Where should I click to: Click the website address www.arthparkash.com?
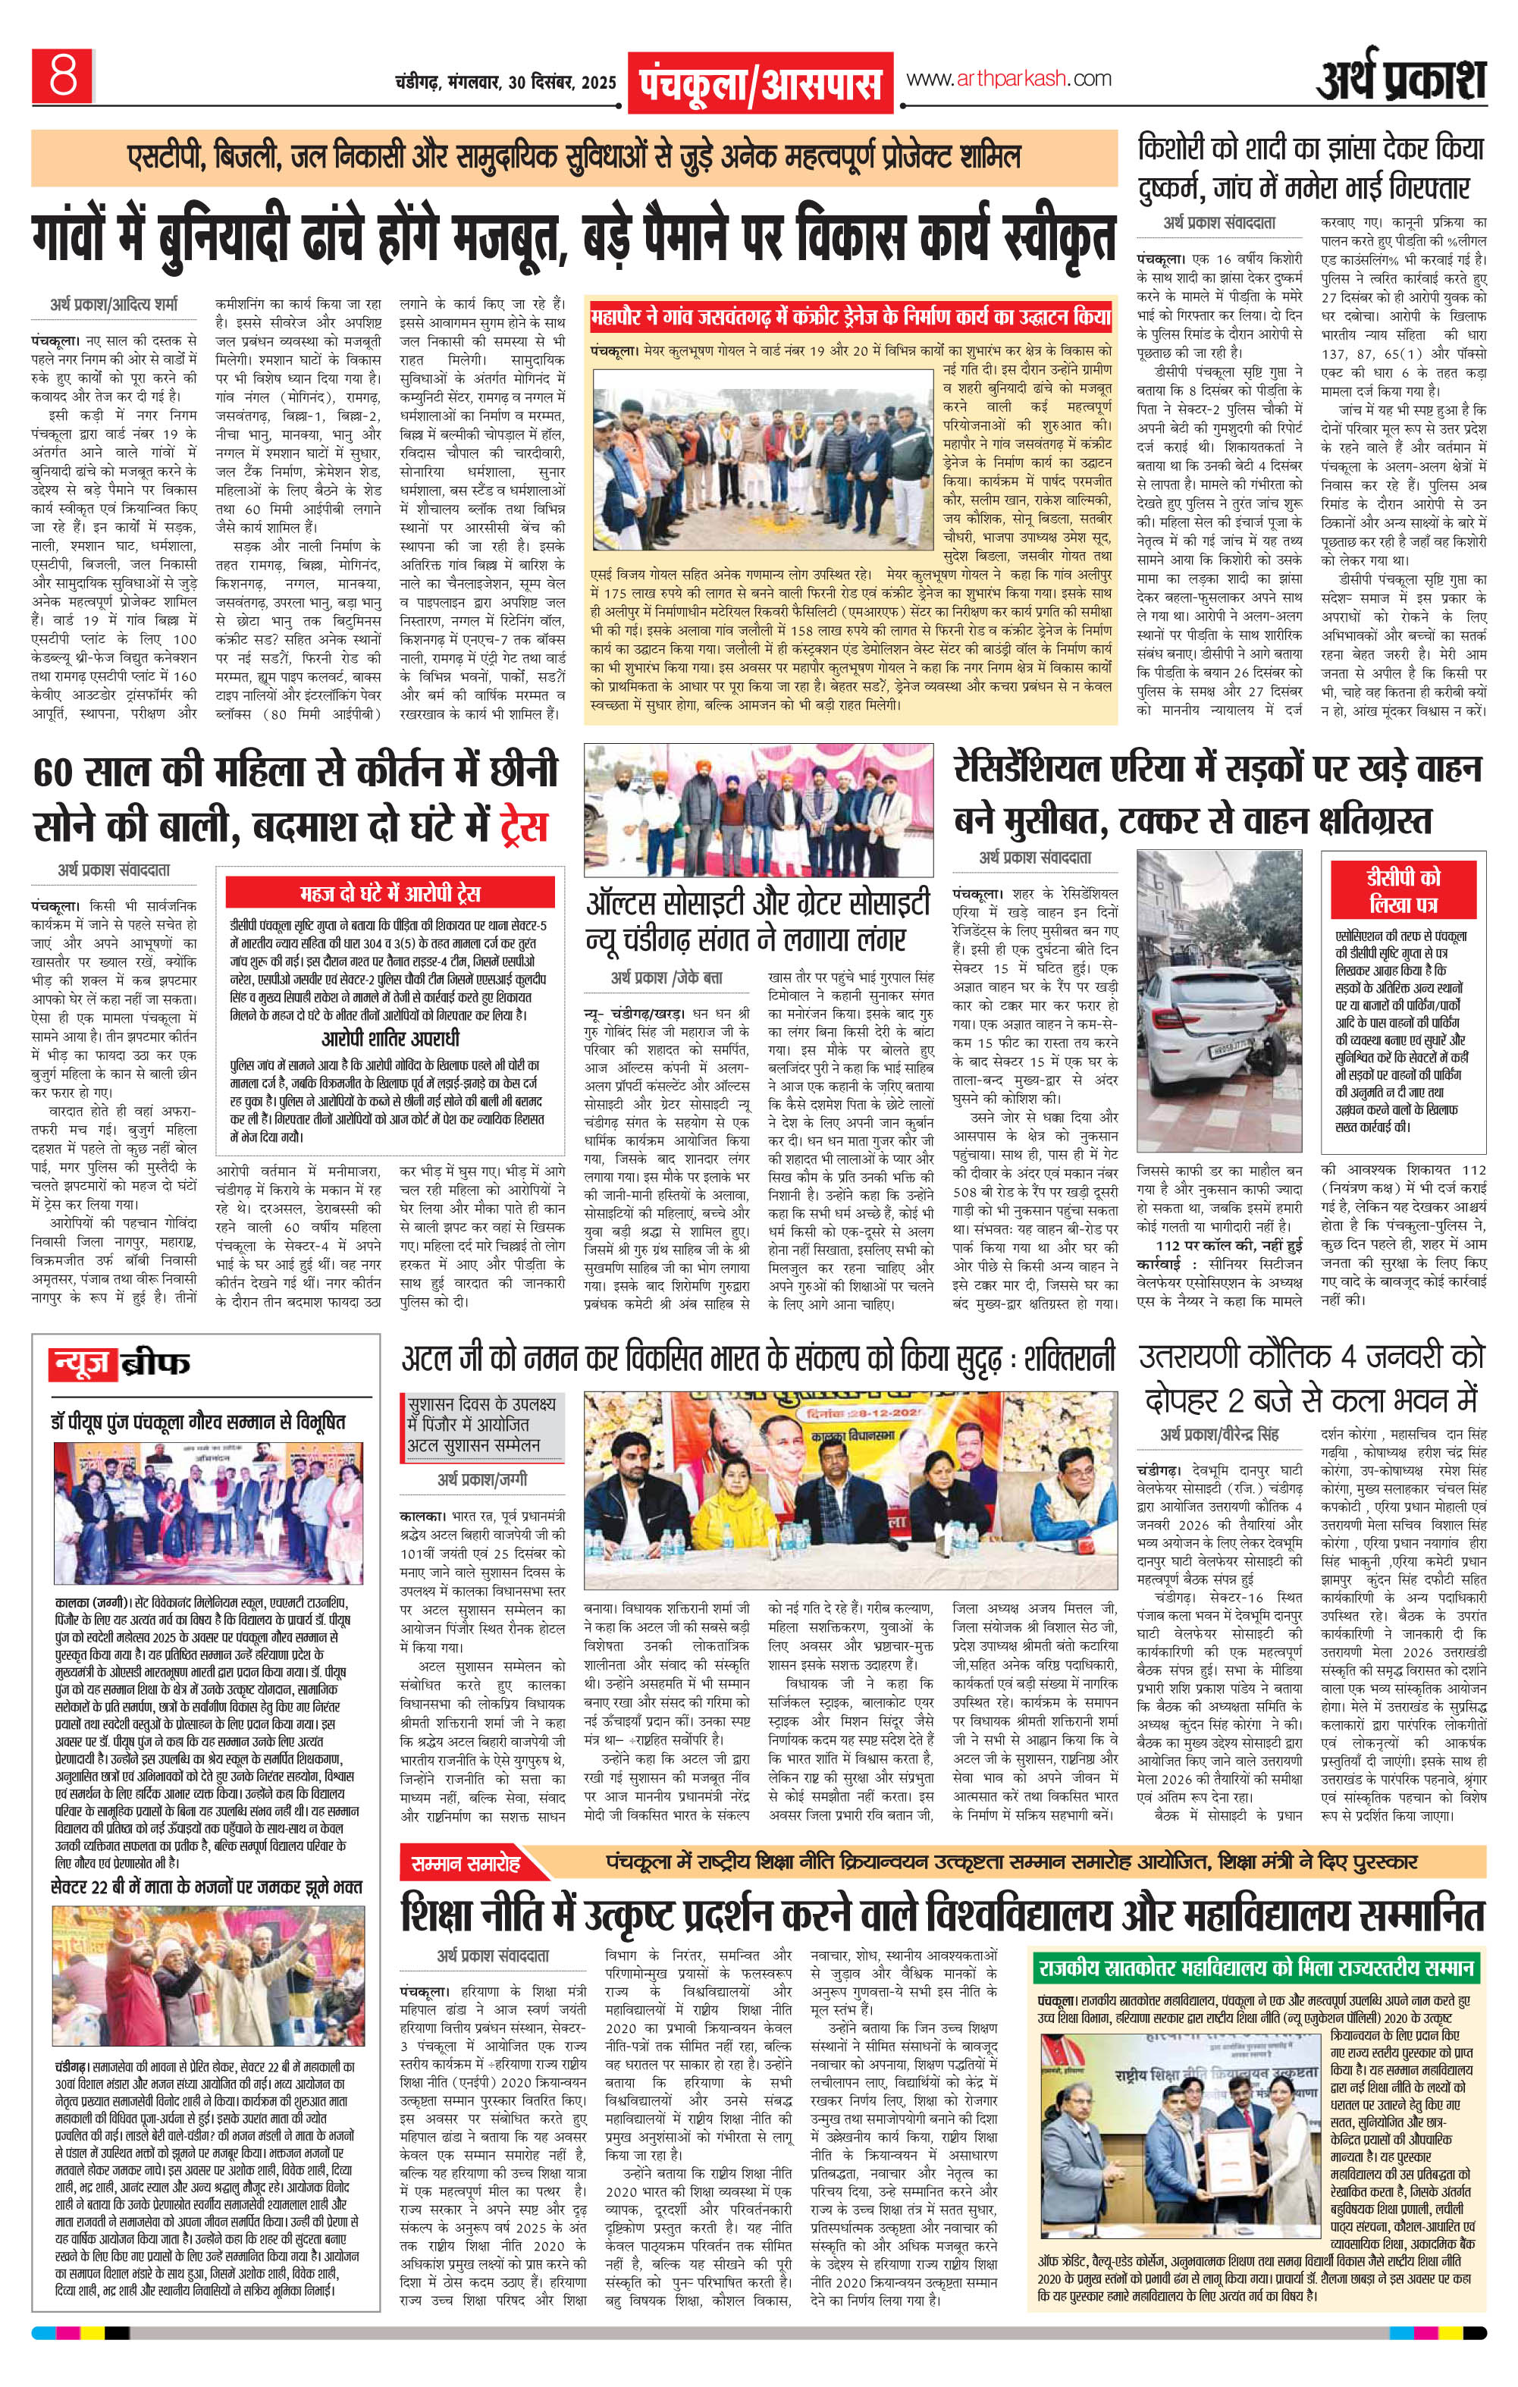click(1009, 78)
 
